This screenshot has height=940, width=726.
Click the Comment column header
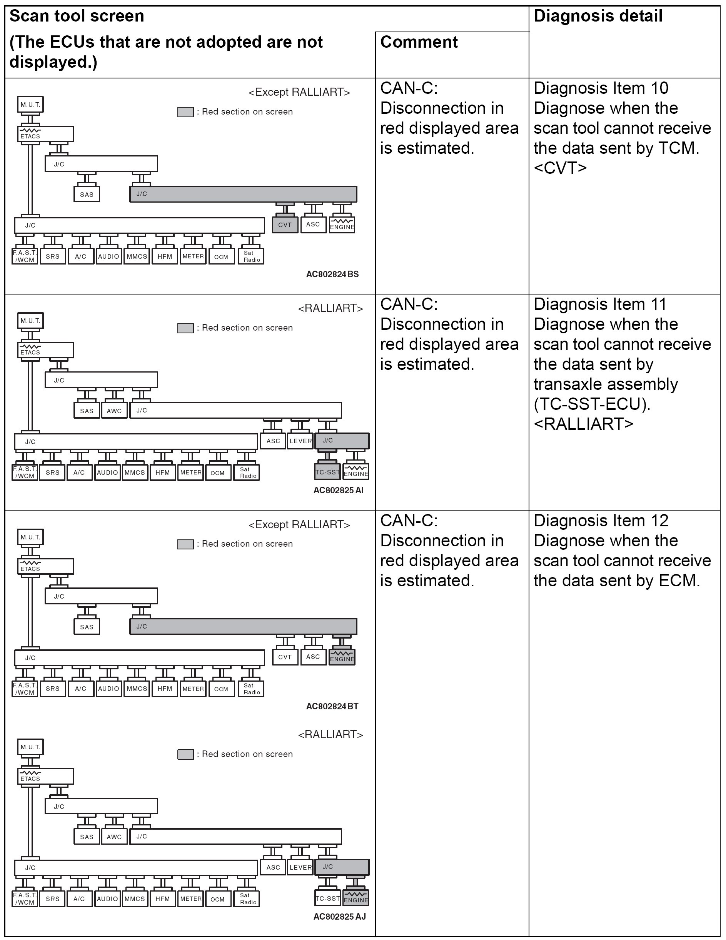tap(419, 42)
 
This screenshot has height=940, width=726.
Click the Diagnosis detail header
tap(597, 17)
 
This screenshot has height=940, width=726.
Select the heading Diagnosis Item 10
tap(601, 88)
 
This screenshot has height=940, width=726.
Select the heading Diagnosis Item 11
tap(600, 304)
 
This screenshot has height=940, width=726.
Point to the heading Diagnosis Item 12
tap(601, 521)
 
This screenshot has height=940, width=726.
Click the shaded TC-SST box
tap(327, 472)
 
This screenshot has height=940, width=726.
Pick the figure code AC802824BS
tap(332, 274)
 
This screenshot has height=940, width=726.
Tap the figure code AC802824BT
tap(332, 706)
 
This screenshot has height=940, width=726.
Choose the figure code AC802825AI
tap(338, 490)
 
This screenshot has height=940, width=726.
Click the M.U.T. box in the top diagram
tap(30, 105)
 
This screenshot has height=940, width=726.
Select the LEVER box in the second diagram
tap(300, 441)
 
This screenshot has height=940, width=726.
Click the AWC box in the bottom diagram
tap(114, 837)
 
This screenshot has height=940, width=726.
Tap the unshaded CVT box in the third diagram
tap(285, 657)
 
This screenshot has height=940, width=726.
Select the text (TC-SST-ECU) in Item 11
tap(592, 404)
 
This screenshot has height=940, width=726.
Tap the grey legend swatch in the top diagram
tap(185, 112)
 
